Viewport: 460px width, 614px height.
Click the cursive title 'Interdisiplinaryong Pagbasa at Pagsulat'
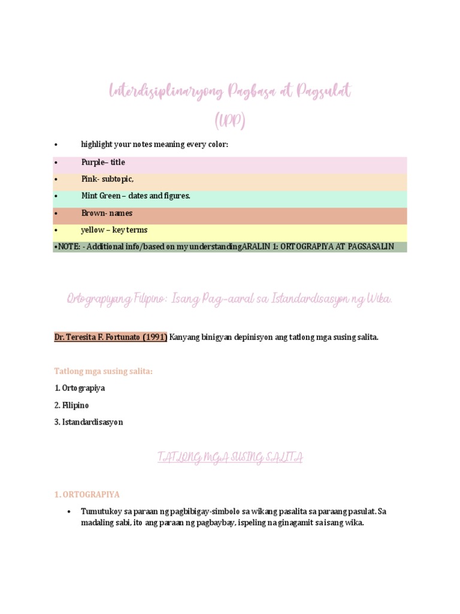coord(230,92)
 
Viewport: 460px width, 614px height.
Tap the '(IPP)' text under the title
coord(230,121)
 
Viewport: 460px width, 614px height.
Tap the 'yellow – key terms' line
coord(114,230)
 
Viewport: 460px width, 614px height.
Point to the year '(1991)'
coord(154,337)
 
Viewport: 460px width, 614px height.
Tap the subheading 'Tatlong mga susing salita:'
coord(104,371)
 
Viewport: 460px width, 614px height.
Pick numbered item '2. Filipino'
coord(71,405)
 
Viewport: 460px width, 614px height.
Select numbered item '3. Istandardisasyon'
coord(88,422)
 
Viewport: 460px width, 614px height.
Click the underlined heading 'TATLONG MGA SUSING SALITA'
coord(230,458)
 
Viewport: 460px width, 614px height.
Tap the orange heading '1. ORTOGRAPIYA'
coord(87,495)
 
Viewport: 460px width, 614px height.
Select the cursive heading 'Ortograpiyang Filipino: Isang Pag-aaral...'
coord(230,299)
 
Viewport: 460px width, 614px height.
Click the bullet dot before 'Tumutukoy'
coord(69,512)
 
